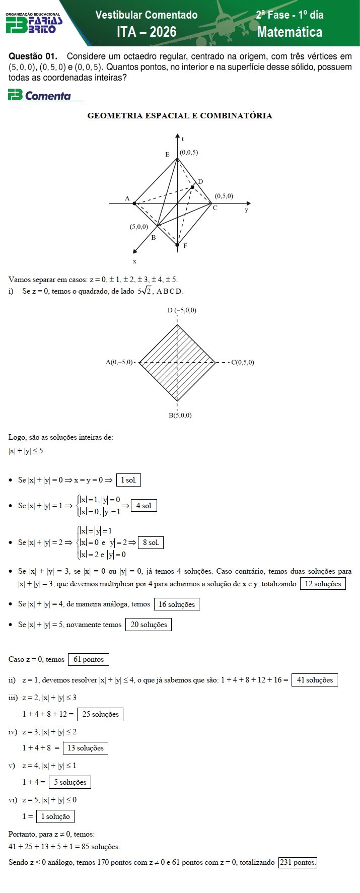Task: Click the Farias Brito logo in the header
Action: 34,23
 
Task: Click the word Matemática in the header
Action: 290,32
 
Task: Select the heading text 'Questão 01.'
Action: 33,56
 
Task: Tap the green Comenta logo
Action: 40,95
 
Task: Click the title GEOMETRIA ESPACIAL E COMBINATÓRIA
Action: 180,116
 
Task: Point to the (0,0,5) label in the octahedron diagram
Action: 189,152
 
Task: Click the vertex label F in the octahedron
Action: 185,246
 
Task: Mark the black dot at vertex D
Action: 192,187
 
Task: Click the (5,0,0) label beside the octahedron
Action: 139,227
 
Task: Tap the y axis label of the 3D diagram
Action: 246,210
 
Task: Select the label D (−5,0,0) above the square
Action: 182,310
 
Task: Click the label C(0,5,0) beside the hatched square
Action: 243,362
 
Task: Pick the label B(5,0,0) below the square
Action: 180,416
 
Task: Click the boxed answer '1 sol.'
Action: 128,480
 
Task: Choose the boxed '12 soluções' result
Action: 323,584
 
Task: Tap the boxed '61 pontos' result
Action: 89,659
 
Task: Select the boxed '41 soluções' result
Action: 315,680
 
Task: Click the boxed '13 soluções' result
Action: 86,748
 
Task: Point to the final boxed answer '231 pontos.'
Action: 298,862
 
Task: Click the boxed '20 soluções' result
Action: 149,625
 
